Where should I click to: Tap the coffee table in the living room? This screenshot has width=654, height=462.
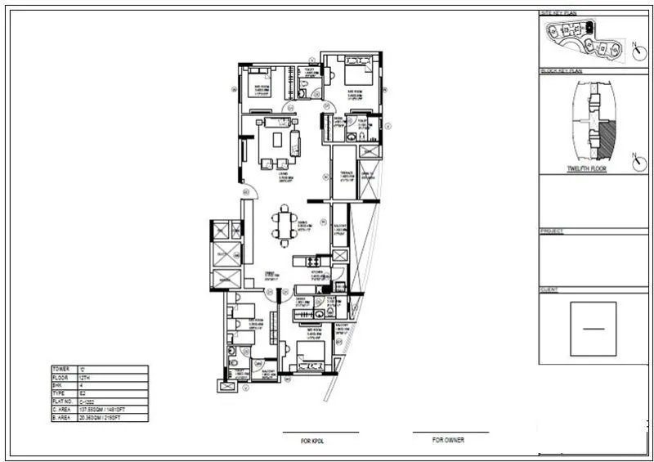[x=277, y=140]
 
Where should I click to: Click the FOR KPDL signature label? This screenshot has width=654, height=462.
[x=313, y=441]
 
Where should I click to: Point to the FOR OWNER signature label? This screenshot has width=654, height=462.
[x=448, y=440]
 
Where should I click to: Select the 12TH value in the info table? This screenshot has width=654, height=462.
[x=85, y=378]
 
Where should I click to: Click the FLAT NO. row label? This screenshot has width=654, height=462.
[x=62, y=401]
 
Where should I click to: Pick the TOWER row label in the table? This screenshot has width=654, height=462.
[x=60, y=370]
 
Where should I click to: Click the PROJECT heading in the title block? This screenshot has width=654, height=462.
[x=553, y=231]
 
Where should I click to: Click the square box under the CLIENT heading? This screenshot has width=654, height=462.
[x=594, y=328]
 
